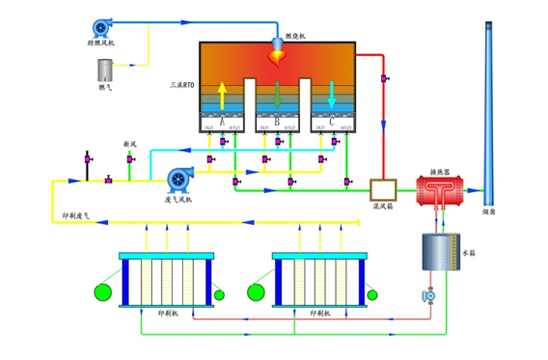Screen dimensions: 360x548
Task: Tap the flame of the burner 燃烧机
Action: [277, 58]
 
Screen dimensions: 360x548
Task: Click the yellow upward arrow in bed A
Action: [222, 95]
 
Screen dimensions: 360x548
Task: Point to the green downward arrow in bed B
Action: [277, 95]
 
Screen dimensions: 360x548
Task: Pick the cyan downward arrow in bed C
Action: [332, 95]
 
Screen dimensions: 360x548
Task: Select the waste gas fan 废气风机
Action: [178, 178]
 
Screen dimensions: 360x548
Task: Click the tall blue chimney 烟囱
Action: [489, 111]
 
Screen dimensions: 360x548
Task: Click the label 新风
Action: [130, 143]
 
